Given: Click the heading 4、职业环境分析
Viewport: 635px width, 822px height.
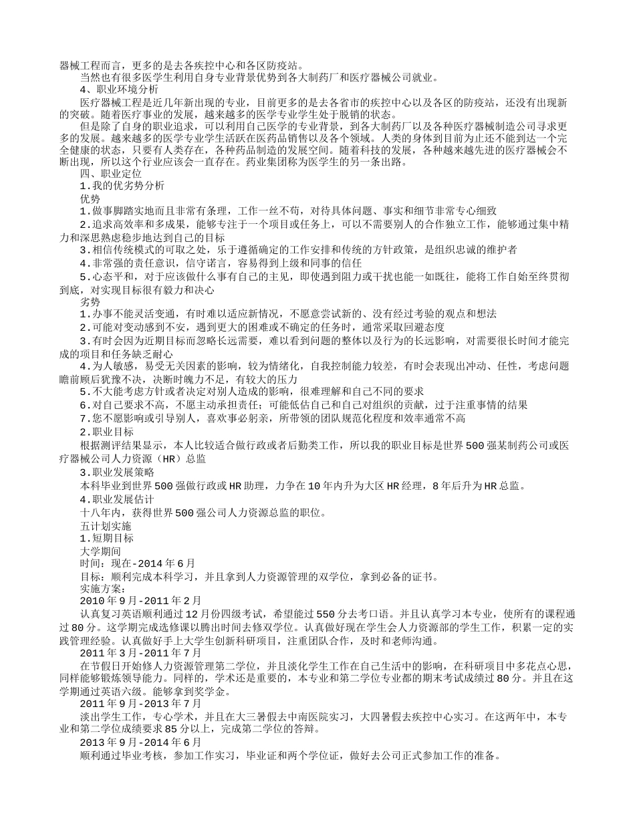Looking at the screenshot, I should (x=119, y=89).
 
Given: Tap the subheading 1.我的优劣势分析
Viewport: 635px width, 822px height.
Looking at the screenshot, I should (x=122, y=185).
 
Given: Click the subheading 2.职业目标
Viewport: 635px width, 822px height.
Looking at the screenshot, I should (x=106, y=432).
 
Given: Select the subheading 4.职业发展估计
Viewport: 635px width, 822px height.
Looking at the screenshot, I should (x=117, y=499).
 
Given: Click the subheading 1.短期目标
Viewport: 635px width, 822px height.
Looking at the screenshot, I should (x=106, y=538).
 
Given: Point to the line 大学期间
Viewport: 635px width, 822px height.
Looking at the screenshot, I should (x=100, y=551).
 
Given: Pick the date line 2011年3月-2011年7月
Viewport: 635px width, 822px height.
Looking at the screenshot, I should (x=140, y=652).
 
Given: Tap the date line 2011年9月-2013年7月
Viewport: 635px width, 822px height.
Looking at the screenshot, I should (x=140, y=704).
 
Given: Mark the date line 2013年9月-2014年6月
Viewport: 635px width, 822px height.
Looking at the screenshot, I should (x=140, y=742).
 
